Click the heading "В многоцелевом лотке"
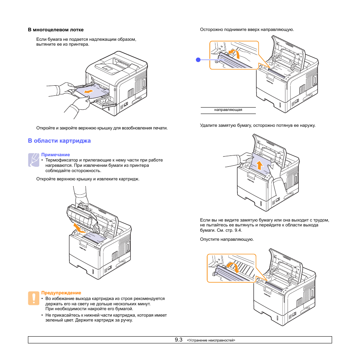tap(55, 30)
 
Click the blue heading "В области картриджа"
tap(59, 141)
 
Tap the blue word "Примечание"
tap(55, 155)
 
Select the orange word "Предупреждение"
tap(61, 293)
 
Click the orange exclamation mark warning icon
tap(33, 298)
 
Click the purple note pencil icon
tap(33, 160)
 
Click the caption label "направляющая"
tap(228, 110)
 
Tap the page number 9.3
tap(178, 340)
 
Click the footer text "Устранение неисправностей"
tap(211, 340)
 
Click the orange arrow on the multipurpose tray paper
tap(89, 92)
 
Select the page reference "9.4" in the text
tap(238, 230)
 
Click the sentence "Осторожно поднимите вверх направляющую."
tap(247, 29)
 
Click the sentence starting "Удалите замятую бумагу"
tap(257, 125)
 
